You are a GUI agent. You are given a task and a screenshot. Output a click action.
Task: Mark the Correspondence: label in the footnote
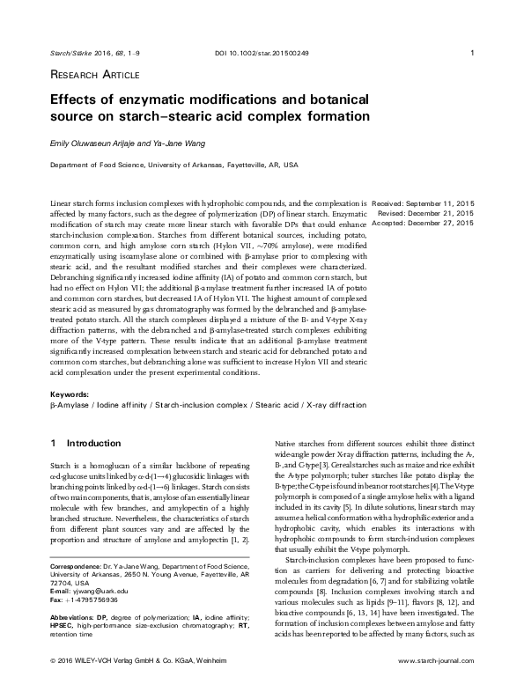click(x=80, y=563)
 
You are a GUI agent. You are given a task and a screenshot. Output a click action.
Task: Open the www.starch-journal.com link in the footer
click(x=436, y=683)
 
